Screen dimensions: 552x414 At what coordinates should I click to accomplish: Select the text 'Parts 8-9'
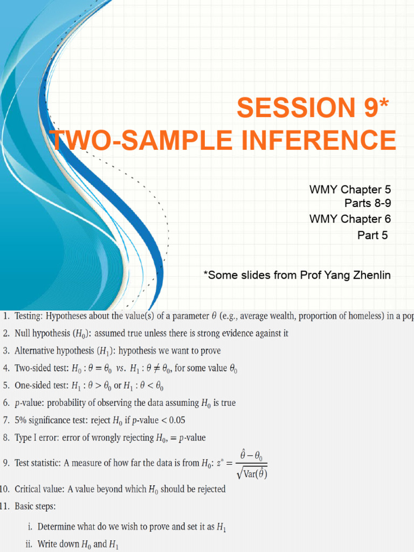coord(368,203)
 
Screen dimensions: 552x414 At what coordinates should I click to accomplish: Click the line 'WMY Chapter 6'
coord(350,219)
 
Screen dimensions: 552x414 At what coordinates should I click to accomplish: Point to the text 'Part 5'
coord(372,235)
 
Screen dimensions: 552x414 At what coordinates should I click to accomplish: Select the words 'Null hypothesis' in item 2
coord(42,333)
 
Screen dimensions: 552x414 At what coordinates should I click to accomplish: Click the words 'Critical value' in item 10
coord(40,489)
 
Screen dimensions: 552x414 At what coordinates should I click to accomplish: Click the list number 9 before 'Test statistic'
coord(5,463)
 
